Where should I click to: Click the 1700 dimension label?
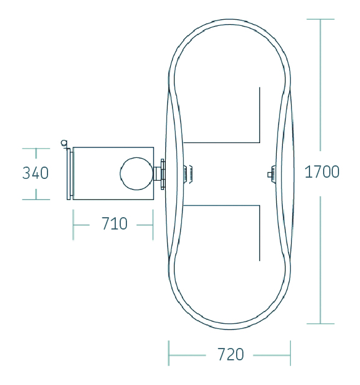322,172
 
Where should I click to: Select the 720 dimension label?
231,354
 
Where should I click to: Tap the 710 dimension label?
115,223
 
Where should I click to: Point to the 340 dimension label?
35,173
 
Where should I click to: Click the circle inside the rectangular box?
137,173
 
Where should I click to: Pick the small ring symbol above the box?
64,143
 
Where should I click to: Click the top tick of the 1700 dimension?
321,19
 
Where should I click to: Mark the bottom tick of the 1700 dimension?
321,324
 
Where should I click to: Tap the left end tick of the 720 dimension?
168,353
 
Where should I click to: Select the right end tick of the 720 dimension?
290,353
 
